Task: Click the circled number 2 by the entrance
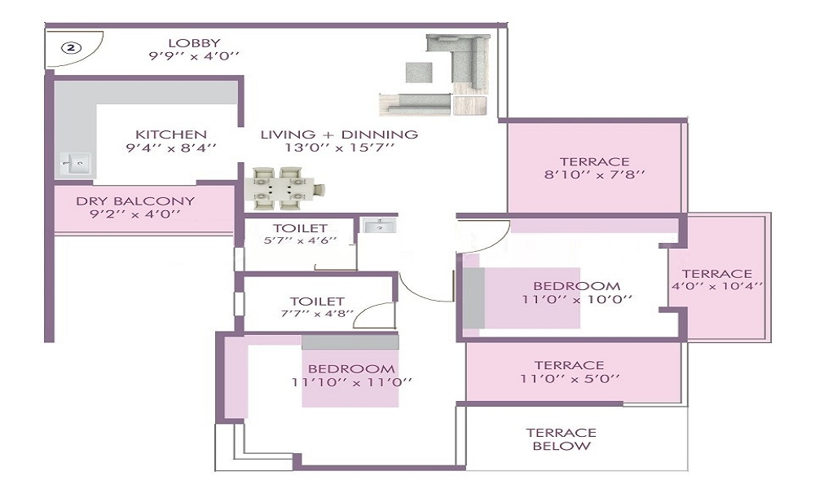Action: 71,48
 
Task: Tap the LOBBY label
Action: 195,43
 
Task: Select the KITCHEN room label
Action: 171,134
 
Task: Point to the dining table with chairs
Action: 284,188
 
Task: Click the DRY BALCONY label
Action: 135,201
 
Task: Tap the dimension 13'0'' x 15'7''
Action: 339,148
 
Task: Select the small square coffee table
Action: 419,73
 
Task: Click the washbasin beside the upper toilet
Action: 378,226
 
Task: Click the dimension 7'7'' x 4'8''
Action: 317,313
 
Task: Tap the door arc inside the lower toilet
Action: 372,311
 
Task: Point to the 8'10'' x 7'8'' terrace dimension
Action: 595,174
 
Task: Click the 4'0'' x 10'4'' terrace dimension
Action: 717,286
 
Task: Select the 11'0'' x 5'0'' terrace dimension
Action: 570,378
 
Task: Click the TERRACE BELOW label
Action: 562,439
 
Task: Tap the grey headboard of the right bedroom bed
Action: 474,297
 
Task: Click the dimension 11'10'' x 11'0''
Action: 352,382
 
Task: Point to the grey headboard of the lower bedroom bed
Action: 350,342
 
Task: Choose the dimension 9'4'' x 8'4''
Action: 171,148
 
